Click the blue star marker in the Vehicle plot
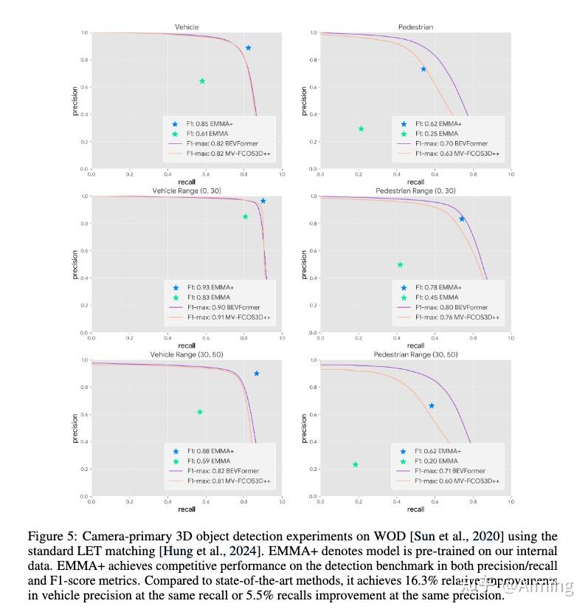[x=249, y=48]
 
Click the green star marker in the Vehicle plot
[x=202, y=81]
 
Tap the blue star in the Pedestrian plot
[x=423, y=69]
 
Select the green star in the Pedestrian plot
[x=361, y=128]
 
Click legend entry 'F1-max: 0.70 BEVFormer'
[x=451, y=143]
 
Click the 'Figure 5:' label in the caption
[x=51, y=537]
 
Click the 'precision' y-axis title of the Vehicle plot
[x=75, y=101]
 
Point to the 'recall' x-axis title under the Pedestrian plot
[x=415, y=182]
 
